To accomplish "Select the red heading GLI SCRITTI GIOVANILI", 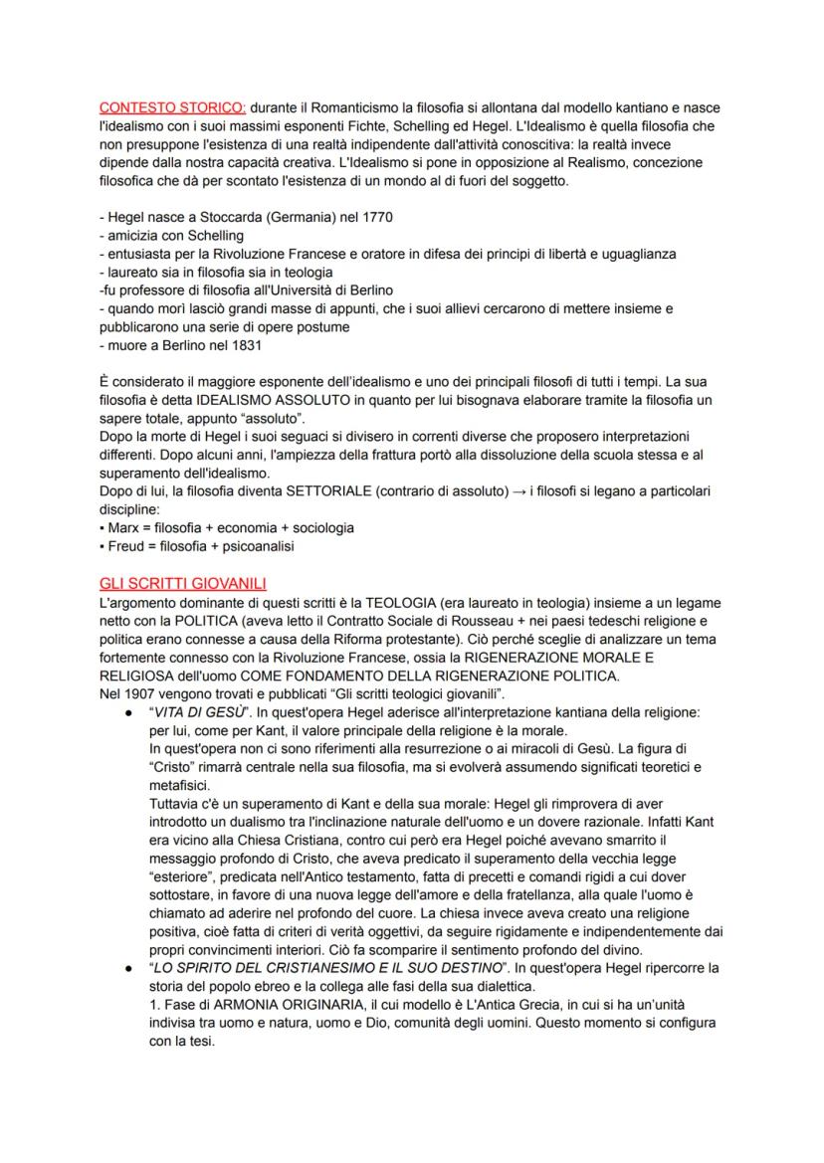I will click(181, 583).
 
